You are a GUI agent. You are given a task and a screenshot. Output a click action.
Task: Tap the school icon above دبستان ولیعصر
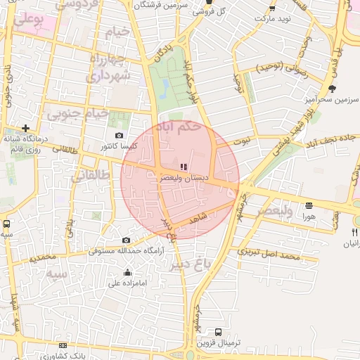point(184,167)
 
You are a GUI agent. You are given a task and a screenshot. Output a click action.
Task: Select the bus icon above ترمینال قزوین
point(218,332)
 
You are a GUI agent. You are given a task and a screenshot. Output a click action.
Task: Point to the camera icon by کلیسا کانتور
point(119,136)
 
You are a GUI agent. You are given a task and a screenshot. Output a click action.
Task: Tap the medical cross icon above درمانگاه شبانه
point(26,129)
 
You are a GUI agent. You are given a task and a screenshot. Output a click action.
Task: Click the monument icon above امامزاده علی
point(127,273)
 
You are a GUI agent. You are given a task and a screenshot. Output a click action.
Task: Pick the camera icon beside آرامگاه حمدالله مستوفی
point(126,240)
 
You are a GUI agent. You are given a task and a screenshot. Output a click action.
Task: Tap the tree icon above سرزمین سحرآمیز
point(332,89)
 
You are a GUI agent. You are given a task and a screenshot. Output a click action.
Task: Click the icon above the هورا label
point(309,205)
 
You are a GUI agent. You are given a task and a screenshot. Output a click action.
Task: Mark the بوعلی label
point(28,20)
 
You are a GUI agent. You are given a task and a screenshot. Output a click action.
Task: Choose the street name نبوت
point(242,141)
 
